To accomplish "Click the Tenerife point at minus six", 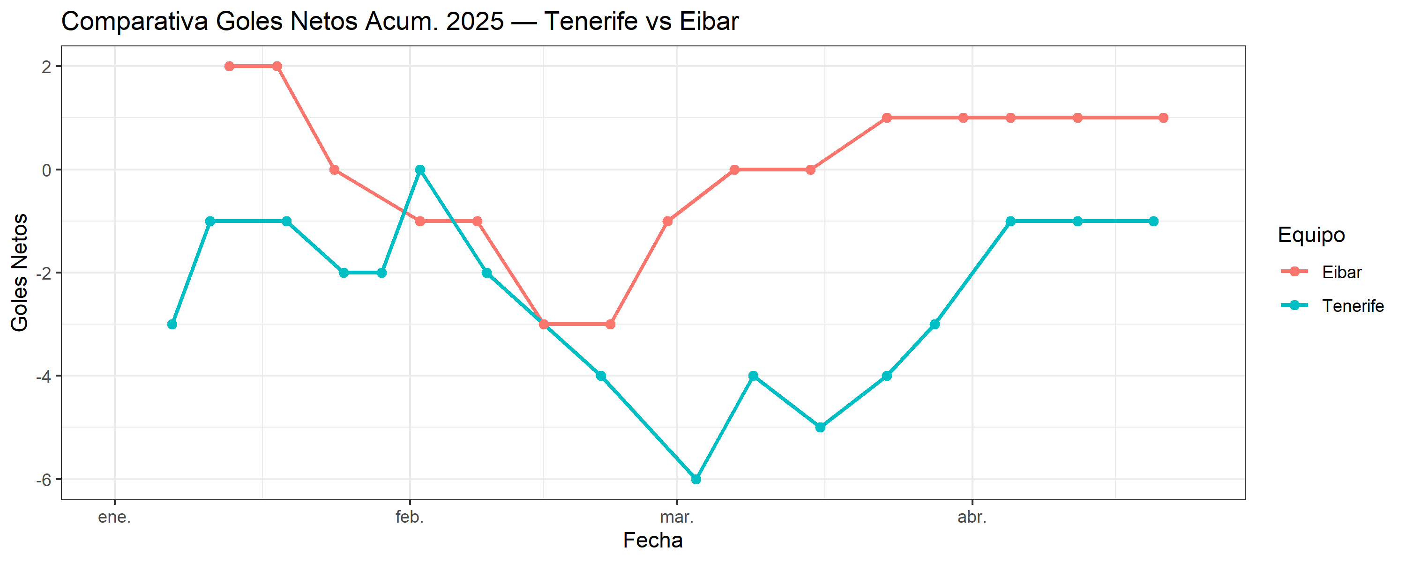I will [x=696, y=479].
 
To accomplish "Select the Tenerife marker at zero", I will [x=420, y=170].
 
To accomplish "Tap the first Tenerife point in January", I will [x=172, y=324].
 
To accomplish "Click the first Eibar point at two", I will [x=229, y=67].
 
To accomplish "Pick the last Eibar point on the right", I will [x=1163, y=118].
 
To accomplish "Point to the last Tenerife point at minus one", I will [x=1153, y=221].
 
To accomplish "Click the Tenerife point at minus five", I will [x=820, y=427].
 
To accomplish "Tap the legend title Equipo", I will [x=1311, y=235].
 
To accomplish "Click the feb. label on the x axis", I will [x=409, y=517].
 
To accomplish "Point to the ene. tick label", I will [x=114, y=517].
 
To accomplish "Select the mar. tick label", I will [x=677, y=517].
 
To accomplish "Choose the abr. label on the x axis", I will [x=972, y=517].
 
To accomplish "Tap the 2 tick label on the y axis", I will [x=46, y=67].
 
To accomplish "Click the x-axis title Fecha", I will [x=653, y=540].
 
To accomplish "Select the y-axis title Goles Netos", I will [x=20, y=272].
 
